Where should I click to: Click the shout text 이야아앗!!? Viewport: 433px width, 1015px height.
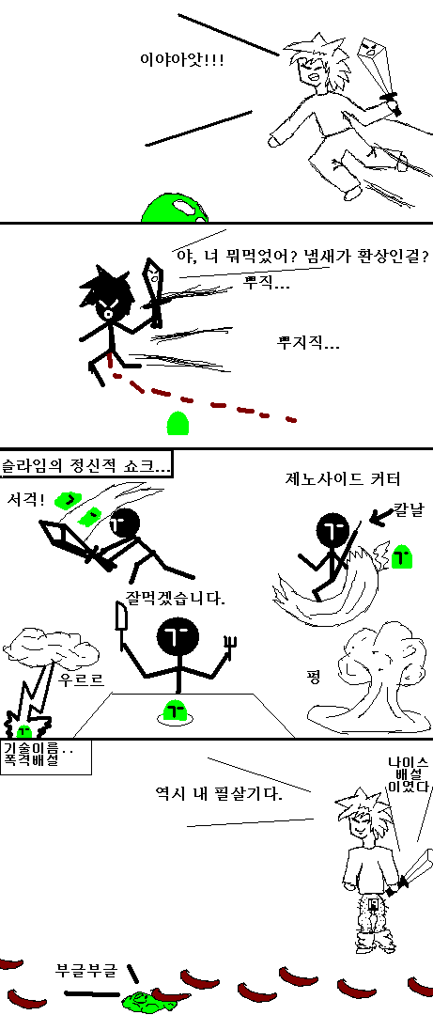[182, 61]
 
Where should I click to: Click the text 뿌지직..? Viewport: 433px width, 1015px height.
[307, 342]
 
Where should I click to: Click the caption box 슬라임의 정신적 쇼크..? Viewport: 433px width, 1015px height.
[86, 464]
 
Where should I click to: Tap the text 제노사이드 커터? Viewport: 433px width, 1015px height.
[344, 479]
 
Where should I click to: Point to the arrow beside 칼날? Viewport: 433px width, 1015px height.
[379, 515]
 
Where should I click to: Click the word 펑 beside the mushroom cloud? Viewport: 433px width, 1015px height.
[314, 678]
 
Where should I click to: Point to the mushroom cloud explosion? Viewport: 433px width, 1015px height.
[370, 677]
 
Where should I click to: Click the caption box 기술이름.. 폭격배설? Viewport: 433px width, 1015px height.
[45, 756]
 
